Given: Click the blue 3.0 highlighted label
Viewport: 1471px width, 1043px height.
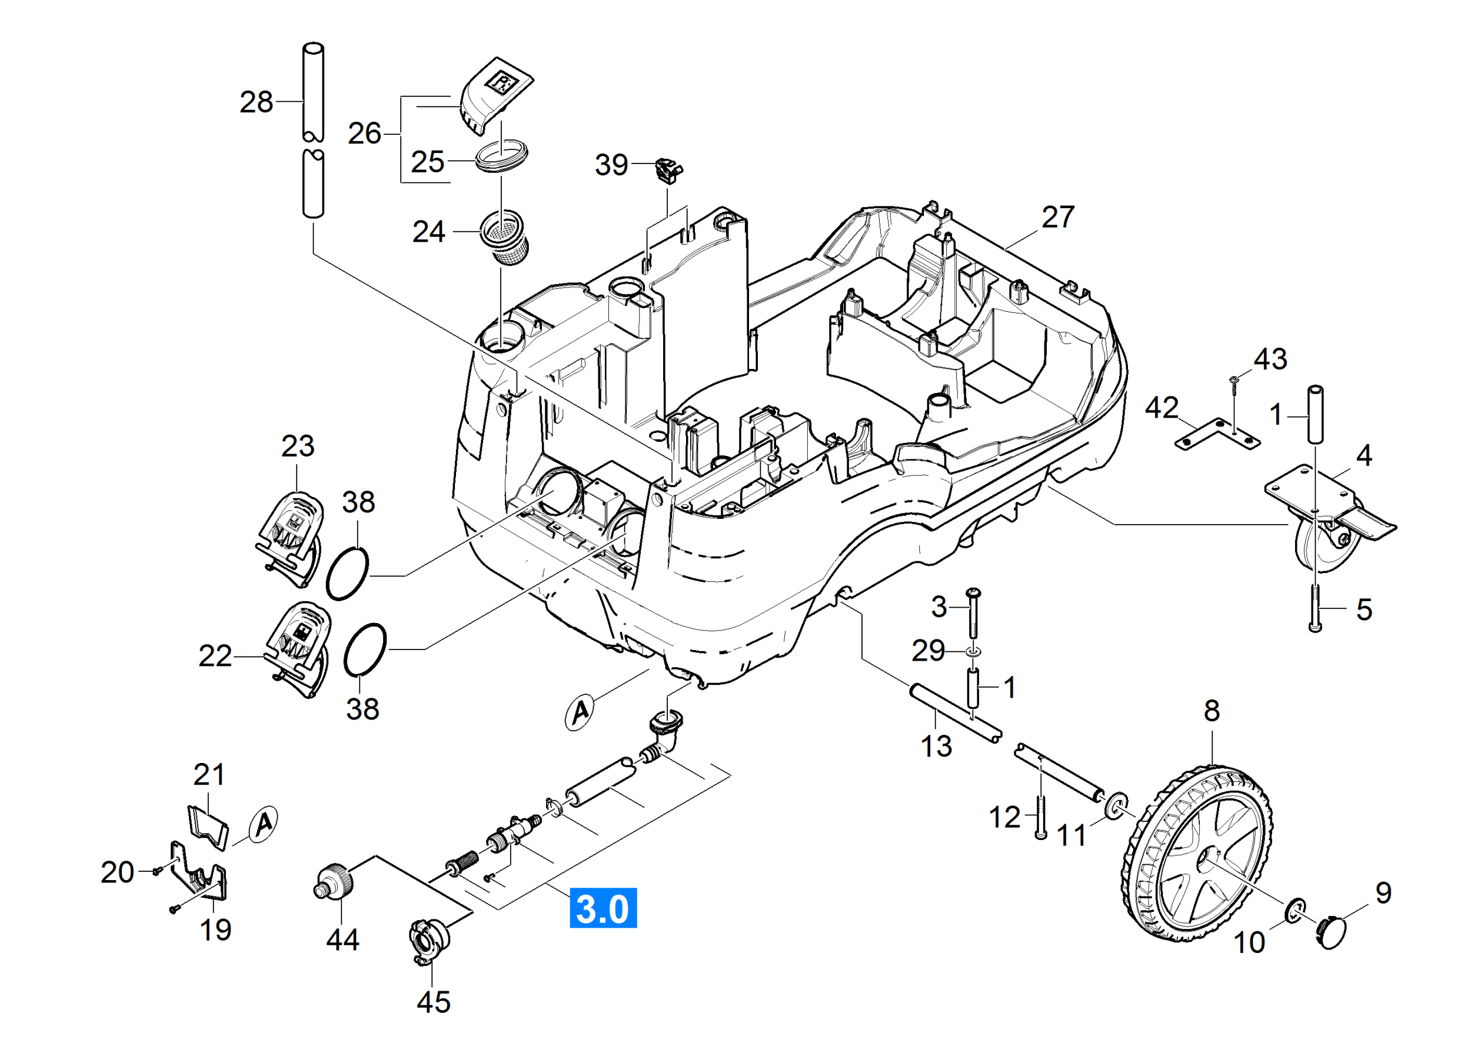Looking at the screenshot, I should [603, 909].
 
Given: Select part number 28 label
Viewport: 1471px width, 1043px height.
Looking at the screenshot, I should [257, 102].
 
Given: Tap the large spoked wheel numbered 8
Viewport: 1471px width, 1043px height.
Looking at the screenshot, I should [1197, 854].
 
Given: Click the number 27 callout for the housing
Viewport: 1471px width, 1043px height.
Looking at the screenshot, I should [1058, 217].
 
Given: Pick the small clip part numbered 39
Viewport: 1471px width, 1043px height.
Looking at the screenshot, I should [668, 171].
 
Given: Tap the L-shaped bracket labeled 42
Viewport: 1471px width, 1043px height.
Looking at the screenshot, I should [1217, 435].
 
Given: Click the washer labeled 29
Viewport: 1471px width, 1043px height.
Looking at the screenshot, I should [974, 652].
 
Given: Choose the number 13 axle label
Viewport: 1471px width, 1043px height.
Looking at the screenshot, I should [936, 747].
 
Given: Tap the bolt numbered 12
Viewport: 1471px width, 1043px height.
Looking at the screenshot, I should [1041, 816].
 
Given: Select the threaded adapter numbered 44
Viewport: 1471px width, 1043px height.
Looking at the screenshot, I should [335, 882].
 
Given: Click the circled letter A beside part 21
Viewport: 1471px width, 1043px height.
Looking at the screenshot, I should [264, 824].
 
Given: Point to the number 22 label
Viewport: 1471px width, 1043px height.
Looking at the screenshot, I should [215, 657].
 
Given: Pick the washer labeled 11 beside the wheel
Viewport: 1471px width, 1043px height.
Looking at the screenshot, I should [1116, 806].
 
